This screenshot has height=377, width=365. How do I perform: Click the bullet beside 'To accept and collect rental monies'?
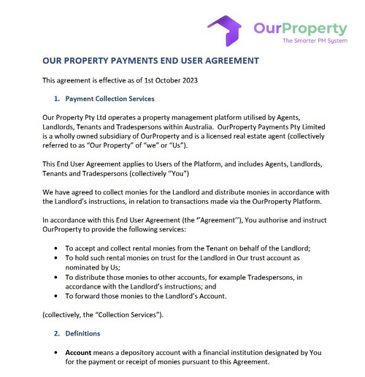58,248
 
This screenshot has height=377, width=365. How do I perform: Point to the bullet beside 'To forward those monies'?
58,296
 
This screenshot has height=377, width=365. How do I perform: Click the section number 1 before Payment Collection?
57,99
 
